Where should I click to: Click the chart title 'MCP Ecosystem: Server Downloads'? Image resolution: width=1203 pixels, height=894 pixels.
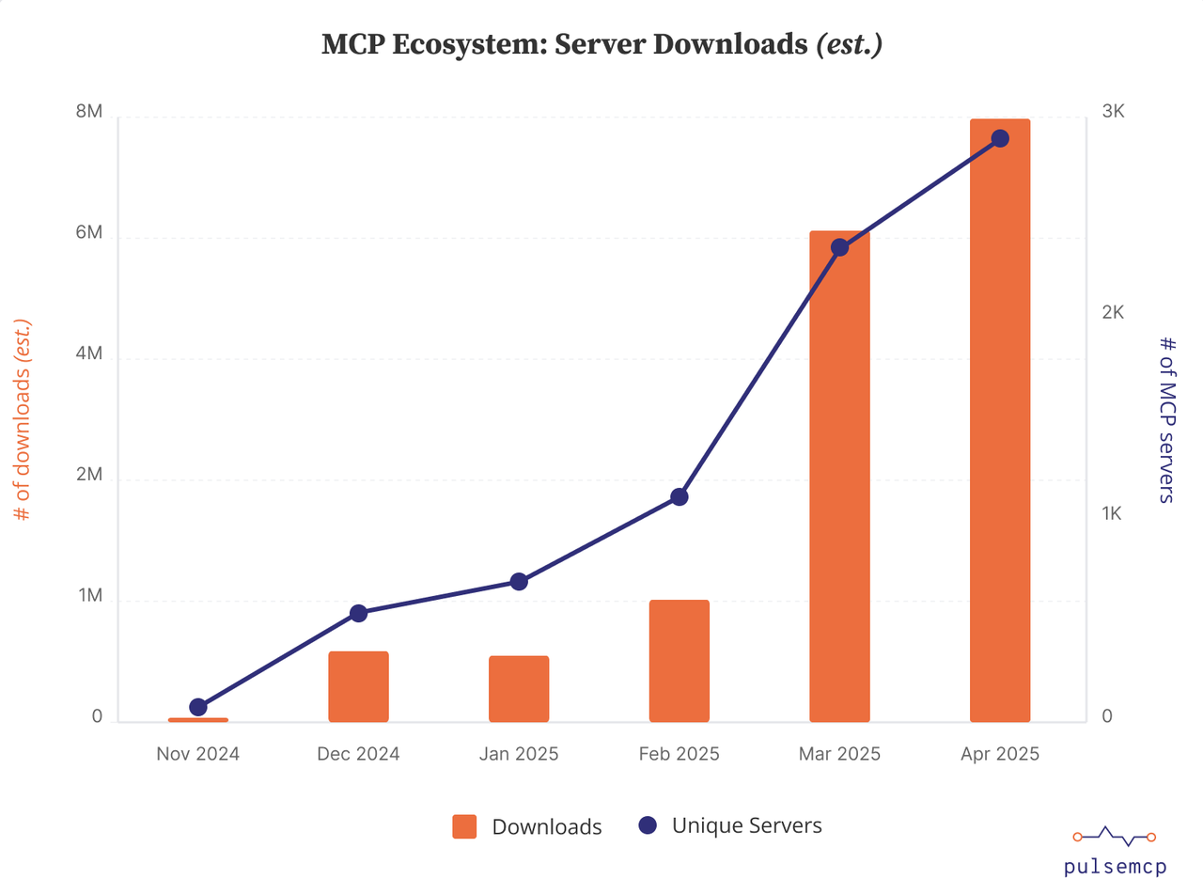[601, 45]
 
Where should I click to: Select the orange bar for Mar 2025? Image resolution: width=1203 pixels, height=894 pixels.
[839, 479]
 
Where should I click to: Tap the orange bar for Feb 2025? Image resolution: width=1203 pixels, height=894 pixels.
[679, 661]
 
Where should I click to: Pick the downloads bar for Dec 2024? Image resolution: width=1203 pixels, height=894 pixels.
[358, 686]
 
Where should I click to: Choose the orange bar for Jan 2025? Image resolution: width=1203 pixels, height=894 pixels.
[519, 689]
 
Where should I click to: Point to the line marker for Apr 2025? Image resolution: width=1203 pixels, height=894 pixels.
[1000, 139]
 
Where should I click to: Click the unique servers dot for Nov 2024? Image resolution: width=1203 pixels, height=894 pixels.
[198, 707]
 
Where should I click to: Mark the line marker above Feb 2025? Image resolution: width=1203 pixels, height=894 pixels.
[680, 496]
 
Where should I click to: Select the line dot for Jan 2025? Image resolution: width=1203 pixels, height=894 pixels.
[519, 582]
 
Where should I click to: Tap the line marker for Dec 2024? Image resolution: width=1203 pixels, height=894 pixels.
[358, 613]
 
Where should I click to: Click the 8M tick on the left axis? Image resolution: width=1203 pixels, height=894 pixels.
[89, 112]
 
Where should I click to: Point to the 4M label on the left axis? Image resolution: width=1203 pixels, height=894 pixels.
[89, 354]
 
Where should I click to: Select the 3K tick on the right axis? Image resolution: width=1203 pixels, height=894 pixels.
[1113, 112]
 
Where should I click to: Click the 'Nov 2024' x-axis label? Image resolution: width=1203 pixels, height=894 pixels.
[197, 754]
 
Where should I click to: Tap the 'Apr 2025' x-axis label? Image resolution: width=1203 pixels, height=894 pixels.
[1000, 754]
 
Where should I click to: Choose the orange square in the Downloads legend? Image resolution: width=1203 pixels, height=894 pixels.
[464, 826]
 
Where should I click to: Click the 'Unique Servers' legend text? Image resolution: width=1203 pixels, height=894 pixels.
[747, 825]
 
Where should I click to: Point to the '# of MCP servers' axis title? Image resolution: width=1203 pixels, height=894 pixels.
[1166, 419]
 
